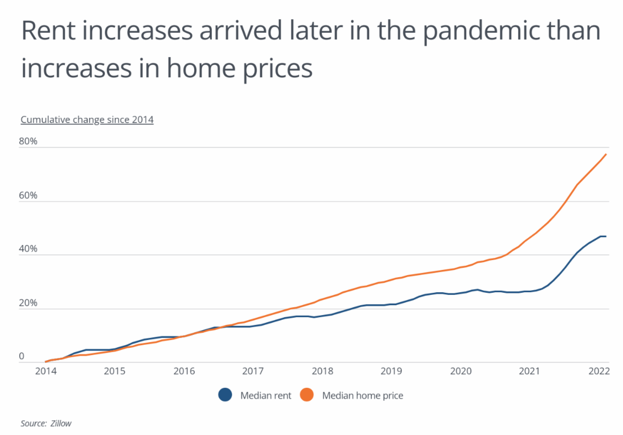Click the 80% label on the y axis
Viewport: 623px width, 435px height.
point(29,142)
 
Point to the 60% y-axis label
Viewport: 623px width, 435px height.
point(29,196)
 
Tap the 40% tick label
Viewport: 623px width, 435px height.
point(29,249)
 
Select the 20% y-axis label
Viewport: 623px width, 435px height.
point(29,303)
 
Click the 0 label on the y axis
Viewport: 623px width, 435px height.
point(22,356)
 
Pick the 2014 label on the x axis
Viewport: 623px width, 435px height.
point(46,372)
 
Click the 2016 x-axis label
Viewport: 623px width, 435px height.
point(184,372)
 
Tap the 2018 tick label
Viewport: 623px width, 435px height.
point(322,372)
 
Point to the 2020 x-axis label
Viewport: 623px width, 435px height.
point(460,372)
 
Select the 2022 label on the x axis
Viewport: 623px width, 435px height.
point(598,372)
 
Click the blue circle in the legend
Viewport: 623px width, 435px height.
point(225,396)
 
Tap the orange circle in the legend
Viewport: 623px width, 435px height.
point(307,396)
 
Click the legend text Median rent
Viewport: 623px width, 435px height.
point(266,396)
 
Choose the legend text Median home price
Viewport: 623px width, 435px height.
point(362,396)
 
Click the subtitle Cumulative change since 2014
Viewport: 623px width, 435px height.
point(87,120)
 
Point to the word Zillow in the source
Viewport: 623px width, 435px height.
point(62,424)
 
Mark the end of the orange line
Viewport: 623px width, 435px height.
point(606,154)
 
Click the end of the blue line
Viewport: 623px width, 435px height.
point(606,236)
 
